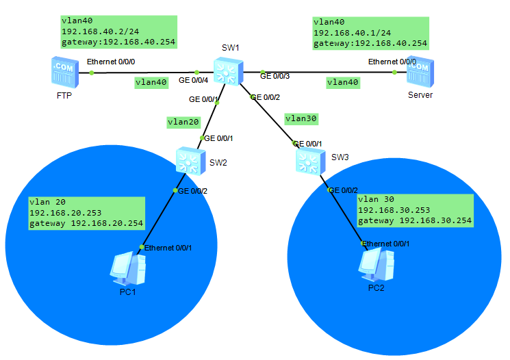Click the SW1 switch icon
(225, 71)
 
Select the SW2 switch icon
(187, 159)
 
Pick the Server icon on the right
(420, 71)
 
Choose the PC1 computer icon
(128, 268)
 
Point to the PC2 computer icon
(377, 264)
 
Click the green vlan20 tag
(183, 123)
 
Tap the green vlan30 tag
(302, 118)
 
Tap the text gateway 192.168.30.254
(415, 221)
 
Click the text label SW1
(230, 48)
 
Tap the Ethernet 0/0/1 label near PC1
(169, 247)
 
